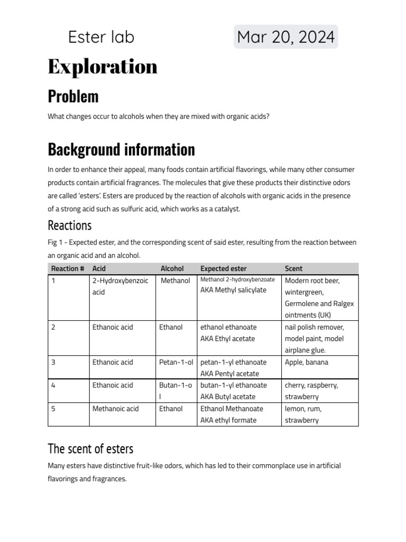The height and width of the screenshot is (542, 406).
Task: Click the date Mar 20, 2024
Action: coord(285,37)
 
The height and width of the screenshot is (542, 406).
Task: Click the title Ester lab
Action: coord(101,37)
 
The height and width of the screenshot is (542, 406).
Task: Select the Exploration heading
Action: coord(103,67)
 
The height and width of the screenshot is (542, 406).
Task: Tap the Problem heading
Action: coord(73,96)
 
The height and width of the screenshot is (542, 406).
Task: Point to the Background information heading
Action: coord(121,150)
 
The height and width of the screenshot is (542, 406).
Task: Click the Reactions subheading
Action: coord(69,225)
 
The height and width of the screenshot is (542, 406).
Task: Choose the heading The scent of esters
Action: coord(90,449)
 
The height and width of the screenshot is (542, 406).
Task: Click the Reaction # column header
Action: coord(68,268)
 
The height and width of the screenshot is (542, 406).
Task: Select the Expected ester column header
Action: coord(223,268)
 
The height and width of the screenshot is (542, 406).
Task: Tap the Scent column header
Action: coord(293,268)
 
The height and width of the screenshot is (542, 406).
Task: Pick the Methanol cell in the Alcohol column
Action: coord(175,281)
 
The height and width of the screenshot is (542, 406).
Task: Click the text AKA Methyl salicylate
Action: coord(233,290)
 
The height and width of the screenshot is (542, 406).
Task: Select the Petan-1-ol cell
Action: coord(176,363)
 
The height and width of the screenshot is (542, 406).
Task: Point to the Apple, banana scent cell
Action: coord(306,363)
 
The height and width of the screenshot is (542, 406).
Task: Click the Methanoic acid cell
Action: coord(115,409)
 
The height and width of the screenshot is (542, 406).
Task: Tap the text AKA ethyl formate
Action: coord(228,420)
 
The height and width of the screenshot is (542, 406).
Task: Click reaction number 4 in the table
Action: coord(53,385)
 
